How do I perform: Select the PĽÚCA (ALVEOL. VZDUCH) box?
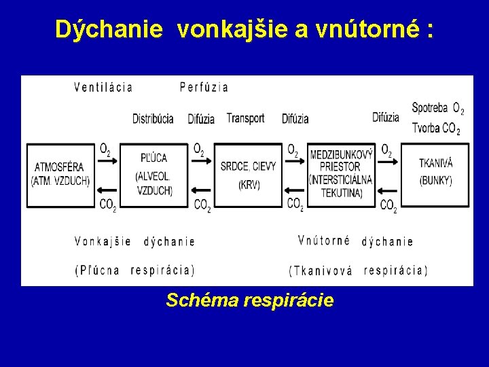155,175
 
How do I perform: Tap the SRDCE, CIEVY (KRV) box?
249,175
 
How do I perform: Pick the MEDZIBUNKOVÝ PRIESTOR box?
341,175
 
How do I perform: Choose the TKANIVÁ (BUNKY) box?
435,175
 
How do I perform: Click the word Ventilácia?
103,87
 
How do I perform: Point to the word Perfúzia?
204,87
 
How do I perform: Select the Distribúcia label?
153,118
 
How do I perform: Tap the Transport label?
245,118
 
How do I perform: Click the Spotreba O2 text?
438,108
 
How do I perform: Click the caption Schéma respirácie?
250,300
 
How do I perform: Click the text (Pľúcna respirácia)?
134,270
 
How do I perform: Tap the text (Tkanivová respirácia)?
358,270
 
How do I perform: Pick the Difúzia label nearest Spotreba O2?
386,117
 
